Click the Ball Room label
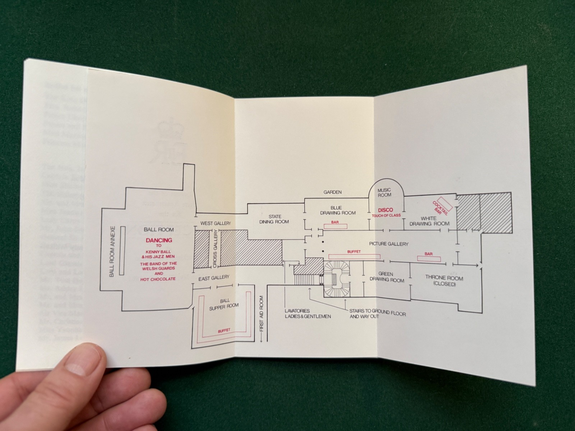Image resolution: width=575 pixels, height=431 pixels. pos(158,230)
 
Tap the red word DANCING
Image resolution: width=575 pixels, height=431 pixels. pos(158,240)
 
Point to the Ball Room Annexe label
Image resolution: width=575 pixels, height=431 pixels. pos(112,251)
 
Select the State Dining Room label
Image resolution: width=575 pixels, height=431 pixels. pos(274,219)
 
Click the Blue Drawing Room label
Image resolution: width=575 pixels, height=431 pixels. pos(338,210)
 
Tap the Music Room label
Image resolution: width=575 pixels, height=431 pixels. pos(384,192)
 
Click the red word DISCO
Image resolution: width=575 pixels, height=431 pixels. pos(385,210)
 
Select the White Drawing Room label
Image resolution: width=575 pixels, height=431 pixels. pos(429,221)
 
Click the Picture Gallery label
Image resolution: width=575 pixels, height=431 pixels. pos(388,244)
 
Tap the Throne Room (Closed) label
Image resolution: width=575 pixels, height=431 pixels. pos(444,281)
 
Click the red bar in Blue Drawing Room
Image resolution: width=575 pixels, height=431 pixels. pos(335,226)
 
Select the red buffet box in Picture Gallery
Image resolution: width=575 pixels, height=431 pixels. pos(354,256)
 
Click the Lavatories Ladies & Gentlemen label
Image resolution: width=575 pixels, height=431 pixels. pos(308,314)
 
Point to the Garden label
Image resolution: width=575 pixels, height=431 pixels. pos(332,192)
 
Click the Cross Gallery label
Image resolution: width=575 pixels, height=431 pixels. pos(215,249)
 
